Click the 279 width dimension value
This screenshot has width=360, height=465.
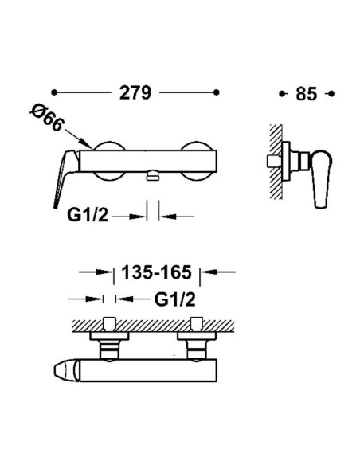[x=135, y=93]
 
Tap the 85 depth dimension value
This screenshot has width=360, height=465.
[x=307, y=94]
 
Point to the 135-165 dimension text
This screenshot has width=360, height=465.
[x=157, y=272]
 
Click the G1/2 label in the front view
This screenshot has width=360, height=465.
[x=88, y=215]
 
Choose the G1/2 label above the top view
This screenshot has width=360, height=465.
[x=175, y=299]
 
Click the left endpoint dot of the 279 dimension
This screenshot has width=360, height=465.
[x=53, y=92]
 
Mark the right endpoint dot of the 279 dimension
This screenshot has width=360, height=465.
[x=217, y=92]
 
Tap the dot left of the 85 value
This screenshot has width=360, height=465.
[x=282, y=94]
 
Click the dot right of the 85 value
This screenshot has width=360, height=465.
[x=331, y=94]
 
